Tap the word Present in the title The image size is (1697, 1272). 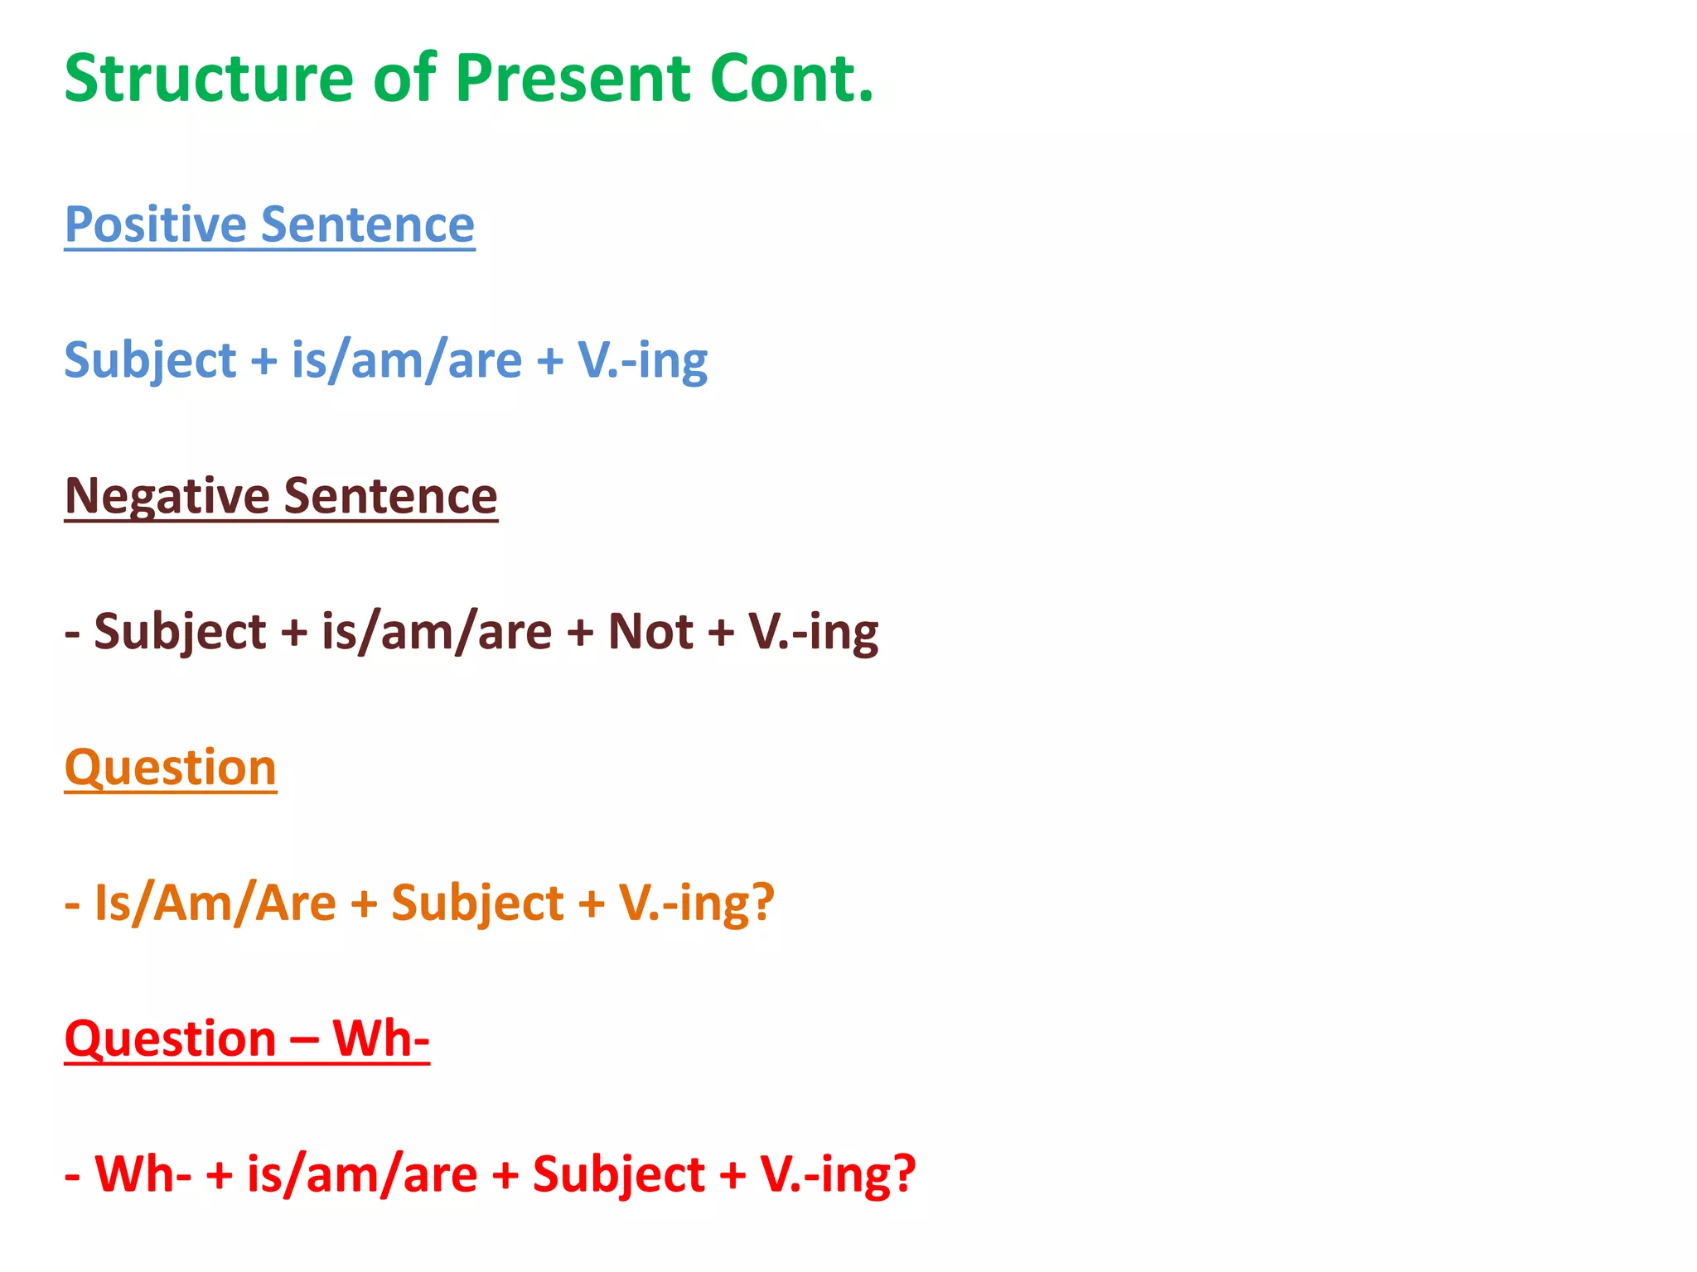[x=573, y=79]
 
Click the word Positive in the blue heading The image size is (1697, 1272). [x=156, y=224]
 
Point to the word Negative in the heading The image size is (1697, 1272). [x=167, y=496]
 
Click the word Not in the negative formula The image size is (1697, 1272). [x=650, y=632]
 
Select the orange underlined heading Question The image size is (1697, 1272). [x=170, y=768]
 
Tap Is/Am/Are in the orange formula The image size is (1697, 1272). [x=215, y=903]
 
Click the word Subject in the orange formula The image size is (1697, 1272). [x=477, y=903]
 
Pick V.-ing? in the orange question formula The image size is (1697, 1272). [x=696, y=903]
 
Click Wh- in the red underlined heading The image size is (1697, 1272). [x=380, y=1038]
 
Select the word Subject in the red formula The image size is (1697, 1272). [x=618, y=1174]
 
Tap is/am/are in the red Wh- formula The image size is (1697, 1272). [x=362, y=1174]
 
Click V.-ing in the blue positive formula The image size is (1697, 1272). [x=642, y=361]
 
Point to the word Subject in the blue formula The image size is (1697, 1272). [x=150, y=361]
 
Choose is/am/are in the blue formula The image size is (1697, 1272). [x=406, y=361]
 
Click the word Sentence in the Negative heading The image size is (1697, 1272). [x=390, y=496]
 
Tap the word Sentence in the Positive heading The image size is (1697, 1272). [x=368, y=224]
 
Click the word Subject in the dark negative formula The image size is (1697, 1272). [x=180, y=632]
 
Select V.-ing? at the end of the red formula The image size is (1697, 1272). [x=838, y=1174]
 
